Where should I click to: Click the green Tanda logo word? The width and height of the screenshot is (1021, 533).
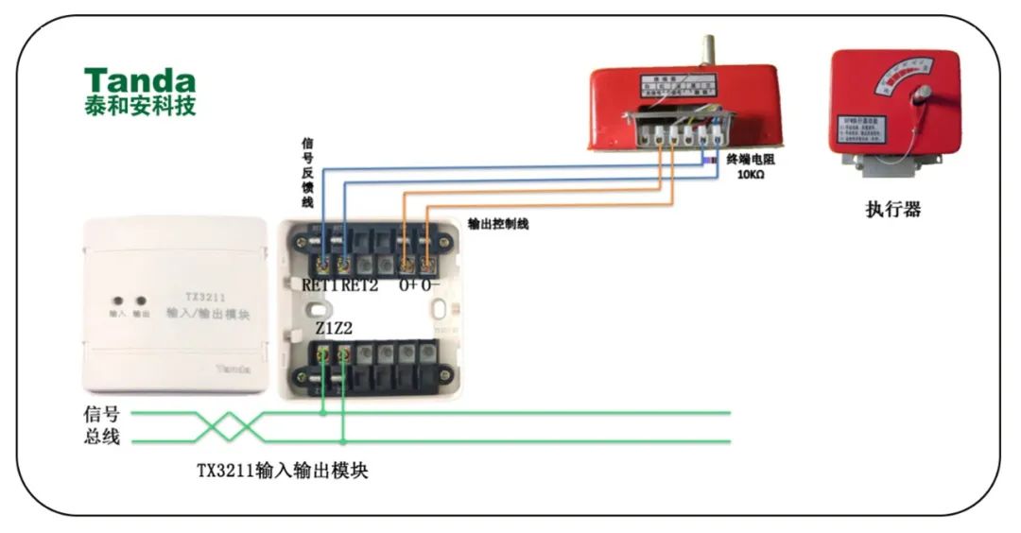click(x=139, y=80)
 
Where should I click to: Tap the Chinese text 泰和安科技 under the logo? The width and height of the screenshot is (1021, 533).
click(x=139, y=106)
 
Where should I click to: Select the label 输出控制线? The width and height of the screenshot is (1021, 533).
click(x=498, y=224)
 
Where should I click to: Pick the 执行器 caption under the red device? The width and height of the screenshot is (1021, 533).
click(x=893, y=210)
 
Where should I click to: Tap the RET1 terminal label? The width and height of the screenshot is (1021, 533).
click(x=320, y=284)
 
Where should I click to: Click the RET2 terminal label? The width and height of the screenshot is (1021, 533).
click(x=359, y=284)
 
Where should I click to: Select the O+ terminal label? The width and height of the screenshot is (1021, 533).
click(x=408, y=284)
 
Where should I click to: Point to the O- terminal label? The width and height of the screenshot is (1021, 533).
click(x=430, y=284)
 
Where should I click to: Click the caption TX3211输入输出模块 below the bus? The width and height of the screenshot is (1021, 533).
click(x=282, y=471)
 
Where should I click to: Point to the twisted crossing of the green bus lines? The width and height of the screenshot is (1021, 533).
click(x=228, y=427)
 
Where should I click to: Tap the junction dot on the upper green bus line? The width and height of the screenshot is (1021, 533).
click(x=323, y=413)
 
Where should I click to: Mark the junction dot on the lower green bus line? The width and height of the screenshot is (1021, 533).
click(x=343, y=441)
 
